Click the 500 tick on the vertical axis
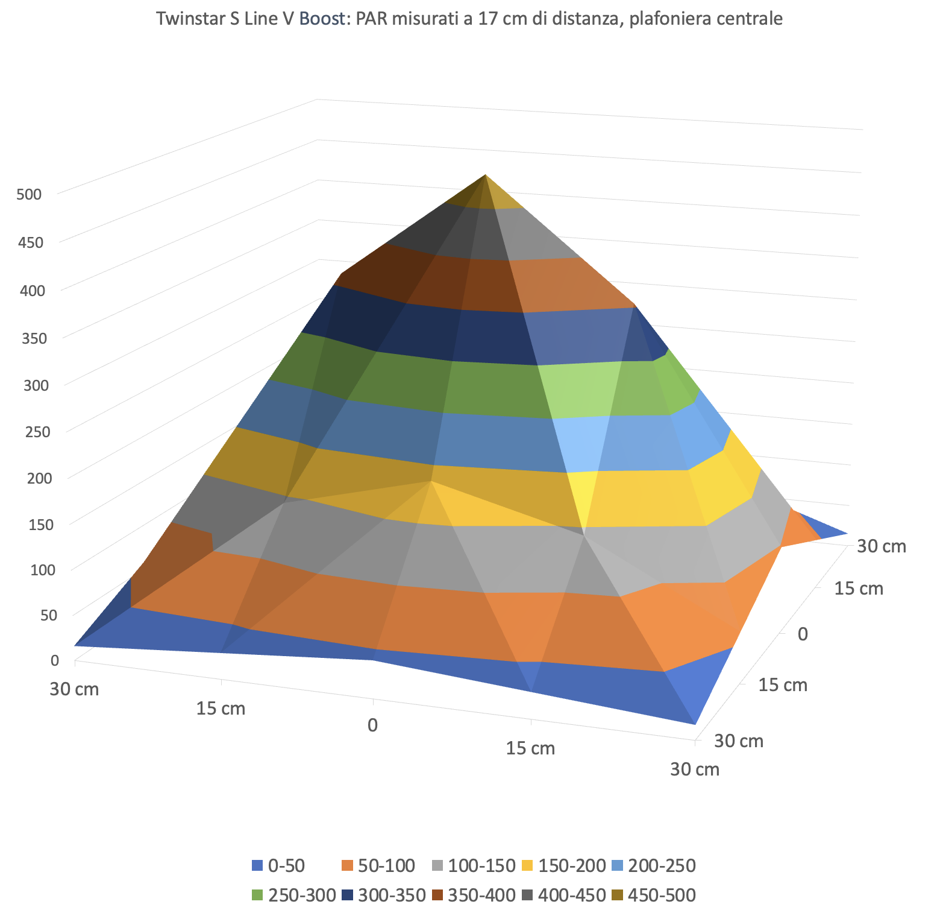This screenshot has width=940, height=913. coord(30,195)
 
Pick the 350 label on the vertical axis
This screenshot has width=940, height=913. coord(34,338)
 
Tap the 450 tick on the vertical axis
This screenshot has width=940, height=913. coord(31,243)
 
